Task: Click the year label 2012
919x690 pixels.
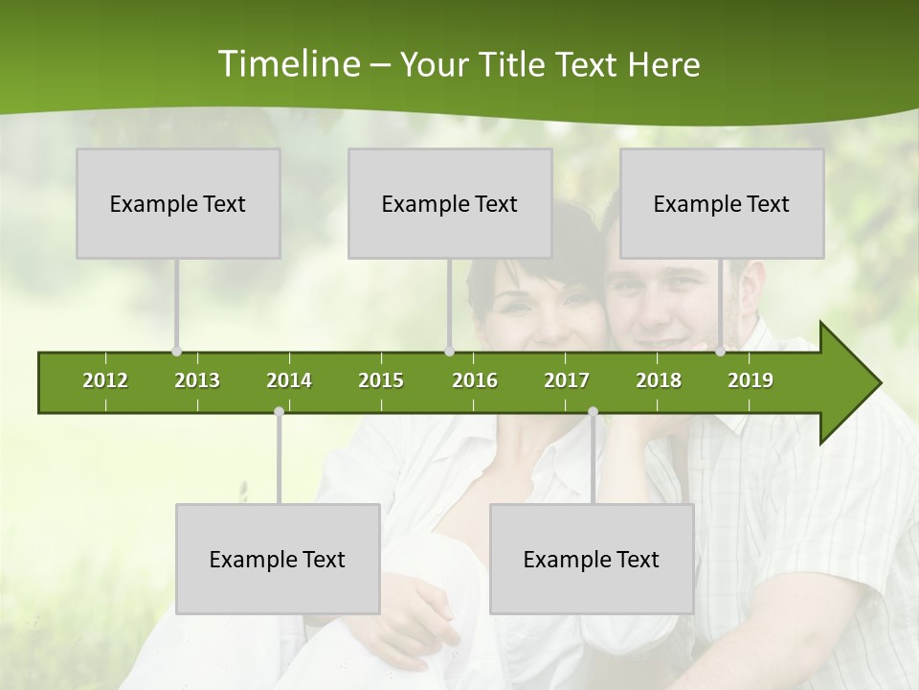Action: [105, 380]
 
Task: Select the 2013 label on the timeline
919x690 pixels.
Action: [197, 380]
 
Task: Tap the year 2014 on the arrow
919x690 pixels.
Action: [289, 380]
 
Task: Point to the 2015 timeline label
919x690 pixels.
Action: [381, 380]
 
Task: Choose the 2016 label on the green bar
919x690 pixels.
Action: [475, 380]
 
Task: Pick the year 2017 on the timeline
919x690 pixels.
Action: [567, 380]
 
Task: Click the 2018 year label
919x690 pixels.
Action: [659, 380]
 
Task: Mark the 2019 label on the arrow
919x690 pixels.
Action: [751, 380]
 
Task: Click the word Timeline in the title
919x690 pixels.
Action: [287, 64]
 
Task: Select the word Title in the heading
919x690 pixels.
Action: [514, 64]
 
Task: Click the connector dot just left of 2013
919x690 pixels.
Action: [176, 352]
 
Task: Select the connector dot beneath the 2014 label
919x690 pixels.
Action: [279, 412]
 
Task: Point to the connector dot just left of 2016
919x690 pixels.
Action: [449, 352]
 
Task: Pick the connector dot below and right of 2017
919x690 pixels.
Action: [593, 412]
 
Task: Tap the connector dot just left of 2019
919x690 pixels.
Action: [721, 352]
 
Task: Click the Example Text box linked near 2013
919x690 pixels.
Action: [178, 203]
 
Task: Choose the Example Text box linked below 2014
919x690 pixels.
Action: [278, 559]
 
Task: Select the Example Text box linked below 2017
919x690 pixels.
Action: [592, 559]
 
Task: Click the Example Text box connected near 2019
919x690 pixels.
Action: [722, 203]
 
